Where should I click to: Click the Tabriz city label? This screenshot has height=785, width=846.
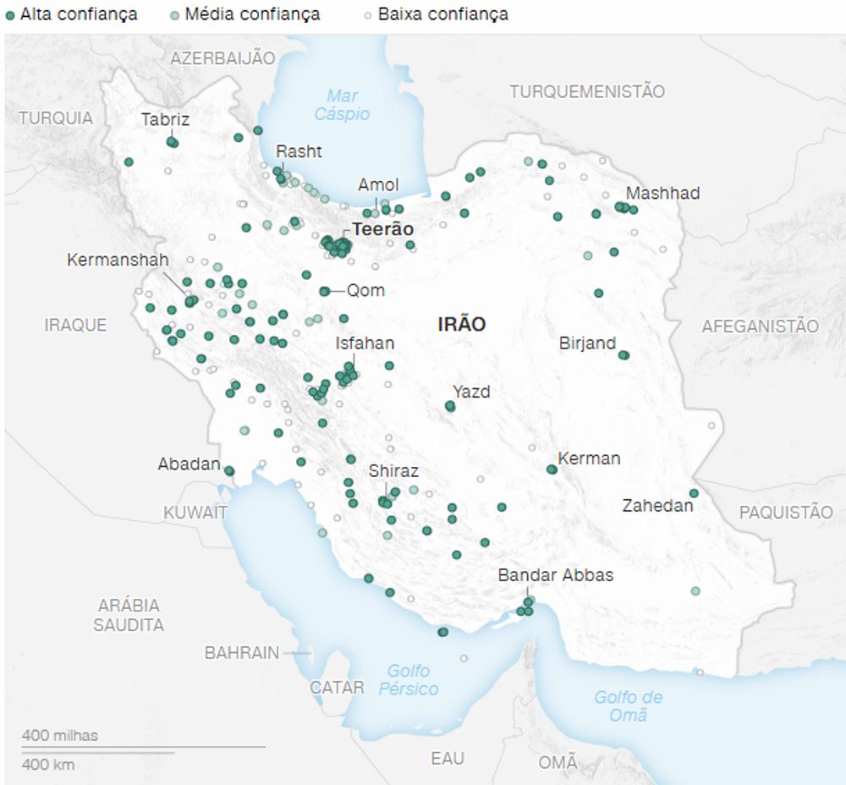click(165, 119)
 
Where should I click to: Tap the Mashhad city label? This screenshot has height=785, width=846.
click(662, 193)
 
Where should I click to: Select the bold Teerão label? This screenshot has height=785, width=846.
click(383, 228)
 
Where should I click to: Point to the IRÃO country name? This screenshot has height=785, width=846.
click(461, 323)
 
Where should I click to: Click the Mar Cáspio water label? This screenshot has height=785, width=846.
click(342, 104)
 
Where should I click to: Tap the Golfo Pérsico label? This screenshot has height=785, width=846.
click(408, 679)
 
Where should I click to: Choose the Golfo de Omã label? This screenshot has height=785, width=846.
click(628, 705)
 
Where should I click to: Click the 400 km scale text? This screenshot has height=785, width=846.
click(47, 765)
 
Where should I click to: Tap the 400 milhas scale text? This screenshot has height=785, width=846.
click(59, 735)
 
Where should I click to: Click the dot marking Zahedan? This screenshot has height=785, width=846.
click(694, 493)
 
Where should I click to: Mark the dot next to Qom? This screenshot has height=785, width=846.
click(324, 291)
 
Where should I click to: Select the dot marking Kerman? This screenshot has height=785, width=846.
click(552, 469)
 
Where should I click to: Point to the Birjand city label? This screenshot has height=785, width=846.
click(587, 343)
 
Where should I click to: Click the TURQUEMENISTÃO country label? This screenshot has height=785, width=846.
click(586, 91)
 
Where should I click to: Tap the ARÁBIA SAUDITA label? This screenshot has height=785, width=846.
click(129, 615)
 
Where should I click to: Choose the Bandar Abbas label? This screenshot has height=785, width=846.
click(555, 575)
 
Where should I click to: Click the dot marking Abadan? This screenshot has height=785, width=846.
click(228, 471)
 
